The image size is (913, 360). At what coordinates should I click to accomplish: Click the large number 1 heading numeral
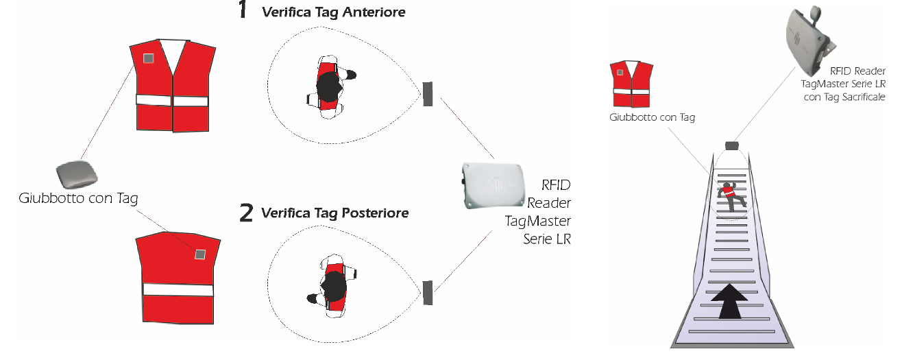[243, 10]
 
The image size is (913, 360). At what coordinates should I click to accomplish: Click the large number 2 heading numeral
[246, 213]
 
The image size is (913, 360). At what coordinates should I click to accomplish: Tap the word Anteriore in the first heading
[374, 12]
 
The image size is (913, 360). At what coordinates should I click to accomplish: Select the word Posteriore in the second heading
[375, 213]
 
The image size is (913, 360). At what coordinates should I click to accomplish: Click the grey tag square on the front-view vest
[148, 58]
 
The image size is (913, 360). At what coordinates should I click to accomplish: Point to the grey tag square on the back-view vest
[199, 254]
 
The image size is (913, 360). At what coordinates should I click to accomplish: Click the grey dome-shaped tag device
[77, 175]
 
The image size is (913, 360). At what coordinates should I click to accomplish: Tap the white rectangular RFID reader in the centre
[493, 186]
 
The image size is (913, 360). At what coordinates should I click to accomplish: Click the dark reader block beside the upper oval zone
[428, 94]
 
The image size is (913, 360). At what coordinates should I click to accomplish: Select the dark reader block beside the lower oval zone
[428, 293]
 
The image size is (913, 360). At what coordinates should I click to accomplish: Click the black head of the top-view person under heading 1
[329, 86]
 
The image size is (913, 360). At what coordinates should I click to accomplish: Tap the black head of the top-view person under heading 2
[333, 286]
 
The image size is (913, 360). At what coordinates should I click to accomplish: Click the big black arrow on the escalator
[729, 301]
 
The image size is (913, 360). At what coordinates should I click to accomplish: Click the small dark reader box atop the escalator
[732, 145]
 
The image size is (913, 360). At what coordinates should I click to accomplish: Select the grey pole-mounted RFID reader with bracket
[809, 40]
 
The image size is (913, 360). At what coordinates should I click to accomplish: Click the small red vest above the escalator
[631, 84]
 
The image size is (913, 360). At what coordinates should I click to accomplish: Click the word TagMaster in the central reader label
[537, 221]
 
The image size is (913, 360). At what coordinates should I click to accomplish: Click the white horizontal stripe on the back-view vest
[178, 290]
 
